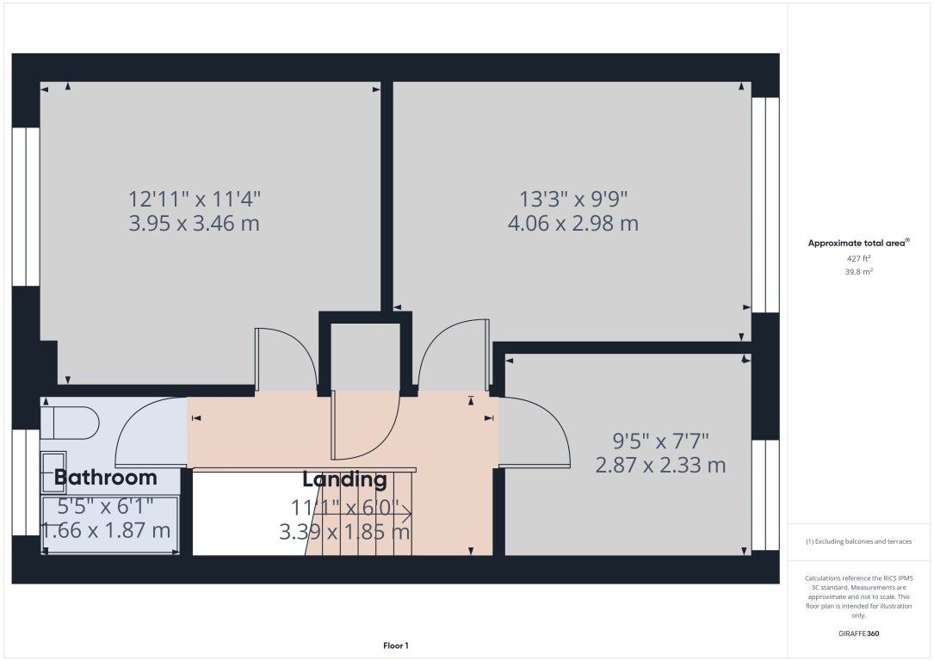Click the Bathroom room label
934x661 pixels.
[x=105, y=478]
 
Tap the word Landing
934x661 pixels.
[x=344, y=479]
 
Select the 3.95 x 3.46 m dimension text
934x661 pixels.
[x=195, y=224]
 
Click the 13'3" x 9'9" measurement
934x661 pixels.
[x=573, y=198]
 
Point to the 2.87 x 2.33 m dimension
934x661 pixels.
[x=660, y=465]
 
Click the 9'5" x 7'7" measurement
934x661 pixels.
[x=660, y=442]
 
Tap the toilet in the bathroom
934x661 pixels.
[x=70, y=423]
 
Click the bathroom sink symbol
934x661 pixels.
[x=53, y=473]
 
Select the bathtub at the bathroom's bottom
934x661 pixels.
[x=110, y=525]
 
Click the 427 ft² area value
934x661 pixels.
[x=858, y=258]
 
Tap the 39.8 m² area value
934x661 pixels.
[x=858, y=272]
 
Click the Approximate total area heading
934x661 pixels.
[x=858, y=243]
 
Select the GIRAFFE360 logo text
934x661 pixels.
[x=858, y=633]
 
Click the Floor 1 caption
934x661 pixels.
[x=395, y=646]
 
